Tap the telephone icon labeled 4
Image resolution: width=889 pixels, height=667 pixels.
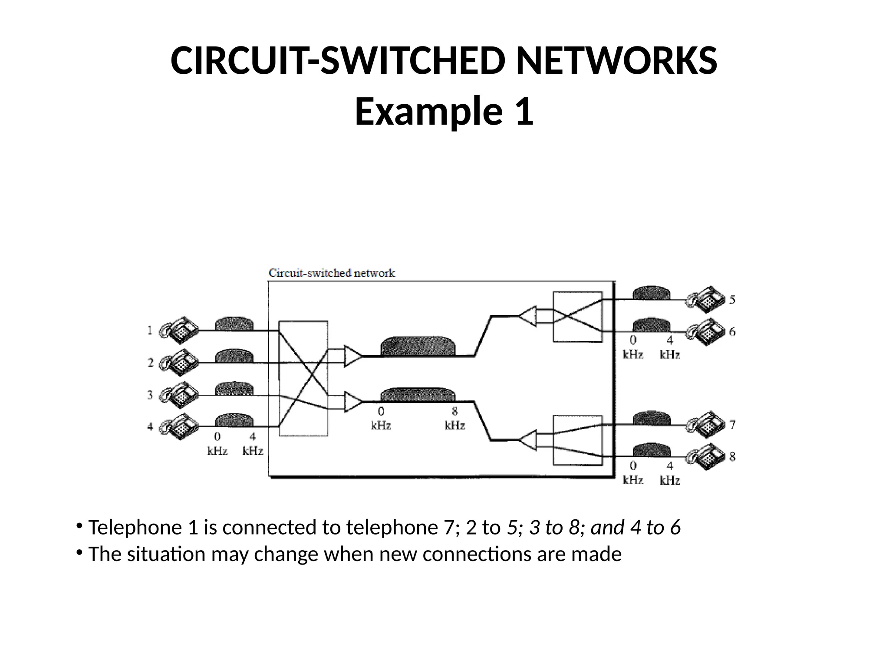pyautogui.click(x=179, y=426)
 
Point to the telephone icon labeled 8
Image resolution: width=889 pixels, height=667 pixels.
pyautogui.click(x=705, y=456)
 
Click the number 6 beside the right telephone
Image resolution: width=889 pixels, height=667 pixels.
pyautogui.click(x=732, y=332)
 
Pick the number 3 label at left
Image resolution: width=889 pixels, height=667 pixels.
pyautogui.click(x=150, y=395)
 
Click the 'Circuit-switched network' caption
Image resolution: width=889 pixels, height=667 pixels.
pyautogui.click(x=332, y=273)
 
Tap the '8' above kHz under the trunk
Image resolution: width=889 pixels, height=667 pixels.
pyautogui.click(x=454, y=411)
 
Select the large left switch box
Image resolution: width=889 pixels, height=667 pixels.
pyautogui.click(x=303, y=378)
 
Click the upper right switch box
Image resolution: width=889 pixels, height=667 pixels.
pyautogui.click(x=577, y=317)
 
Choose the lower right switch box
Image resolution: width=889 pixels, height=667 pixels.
pyautogui.click(x=577, y=440)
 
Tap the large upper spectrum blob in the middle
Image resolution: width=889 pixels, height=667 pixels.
pyautogui.click(x=418, y=346)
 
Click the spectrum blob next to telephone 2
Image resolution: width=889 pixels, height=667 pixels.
pyautogui.click(x=234, y=356)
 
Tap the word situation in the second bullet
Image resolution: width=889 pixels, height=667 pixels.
pyautogui.click(x=166, y=555)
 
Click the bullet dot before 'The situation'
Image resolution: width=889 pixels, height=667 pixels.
pyautogui.click(x=79, y=552)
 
